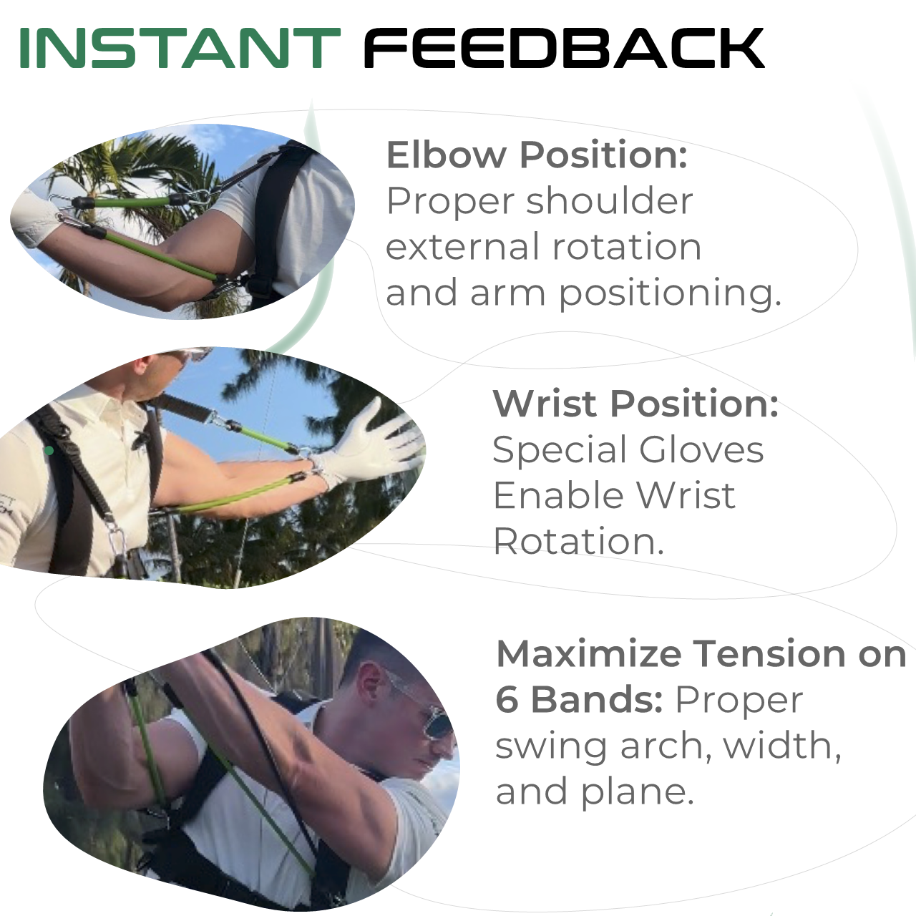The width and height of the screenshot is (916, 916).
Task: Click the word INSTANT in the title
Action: click(180, 48)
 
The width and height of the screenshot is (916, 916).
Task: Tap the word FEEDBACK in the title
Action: click(564, 48)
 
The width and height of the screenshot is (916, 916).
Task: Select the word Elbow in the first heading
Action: click(447, 155)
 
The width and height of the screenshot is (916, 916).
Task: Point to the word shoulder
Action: click(609, 200)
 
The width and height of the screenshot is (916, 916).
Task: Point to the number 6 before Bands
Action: click(507, 700)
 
